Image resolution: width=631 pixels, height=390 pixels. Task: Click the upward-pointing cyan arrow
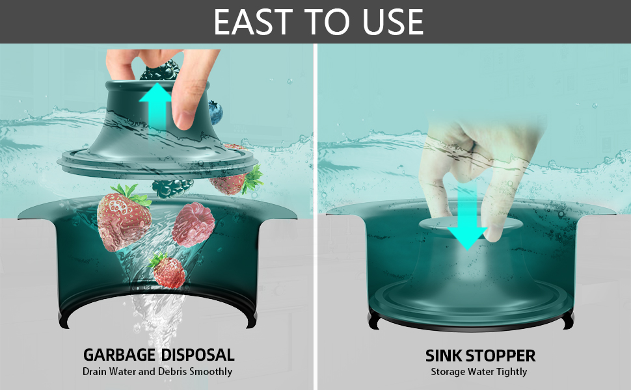tap(156, 107)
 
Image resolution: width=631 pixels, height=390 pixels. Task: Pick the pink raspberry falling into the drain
tap(193, 222)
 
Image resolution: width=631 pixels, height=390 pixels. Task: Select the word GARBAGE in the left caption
tap(120, 355)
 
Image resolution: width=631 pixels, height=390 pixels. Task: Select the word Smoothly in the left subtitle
tap(210, 372)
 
